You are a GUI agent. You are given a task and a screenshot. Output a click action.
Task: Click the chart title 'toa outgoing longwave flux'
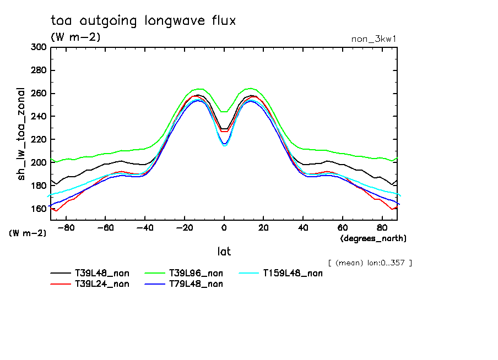(x=143, y=21)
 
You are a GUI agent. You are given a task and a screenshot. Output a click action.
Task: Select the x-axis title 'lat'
(x=224, y=252)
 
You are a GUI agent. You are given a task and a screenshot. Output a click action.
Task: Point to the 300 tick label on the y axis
(x=39, y=47)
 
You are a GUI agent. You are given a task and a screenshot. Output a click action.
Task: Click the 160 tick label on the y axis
(x=39, y=209)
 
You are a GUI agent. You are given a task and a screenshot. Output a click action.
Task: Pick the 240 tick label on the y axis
(x=39, y=117)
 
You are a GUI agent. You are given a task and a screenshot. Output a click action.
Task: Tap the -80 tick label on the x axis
(x=66, y=227)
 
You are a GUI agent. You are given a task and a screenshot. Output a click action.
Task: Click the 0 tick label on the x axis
(x=224, y=227)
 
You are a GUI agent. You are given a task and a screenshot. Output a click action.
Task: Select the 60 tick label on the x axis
(x=343, y=227)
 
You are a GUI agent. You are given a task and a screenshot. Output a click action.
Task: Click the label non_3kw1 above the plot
(x=373, y=39)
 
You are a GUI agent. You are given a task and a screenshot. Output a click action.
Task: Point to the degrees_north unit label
(x=373, y=238)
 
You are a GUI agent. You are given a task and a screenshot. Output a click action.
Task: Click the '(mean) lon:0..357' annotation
(x=370, y=263)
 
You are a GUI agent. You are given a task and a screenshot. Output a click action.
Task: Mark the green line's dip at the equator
(x=224, y=112)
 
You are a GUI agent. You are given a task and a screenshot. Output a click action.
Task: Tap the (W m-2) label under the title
(x=75, y=37)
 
